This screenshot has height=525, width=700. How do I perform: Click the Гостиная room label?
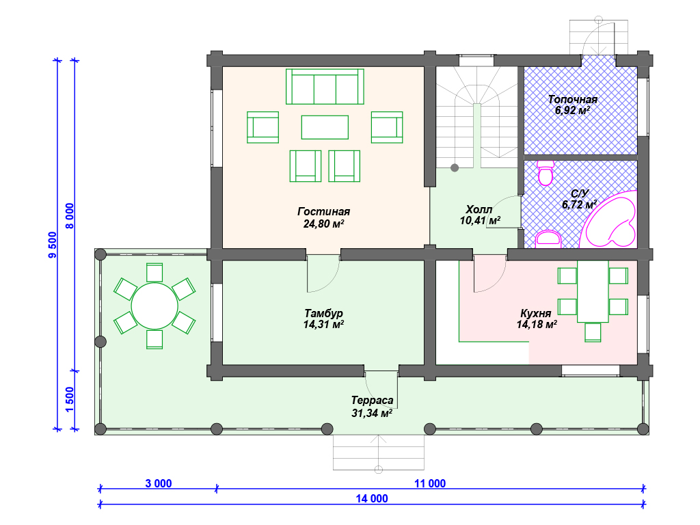click(x=323, y=211)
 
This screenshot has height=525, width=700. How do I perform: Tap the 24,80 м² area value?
click(x=323, y=224)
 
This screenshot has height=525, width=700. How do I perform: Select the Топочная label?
click(x=573, y=99)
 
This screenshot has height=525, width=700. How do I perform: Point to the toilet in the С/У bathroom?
click(x=546, y=173)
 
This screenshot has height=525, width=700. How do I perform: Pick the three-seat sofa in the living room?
click(x=325, y=86)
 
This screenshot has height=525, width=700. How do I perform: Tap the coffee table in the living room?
click(x=325, y=127)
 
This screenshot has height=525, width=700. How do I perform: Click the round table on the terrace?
click(x=154, y=306)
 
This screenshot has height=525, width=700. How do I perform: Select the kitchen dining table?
click(x=593, y=291)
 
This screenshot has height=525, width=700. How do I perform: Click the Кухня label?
click(x=536, y=313)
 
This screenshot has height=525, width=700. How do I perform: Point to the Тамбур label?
click(x=323, y=313)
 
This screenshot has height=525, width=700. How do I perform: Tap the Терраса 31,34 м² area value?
click(x=372, y=413)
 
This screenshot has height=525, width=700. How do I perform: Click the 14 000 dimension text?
click(x=372, y=498)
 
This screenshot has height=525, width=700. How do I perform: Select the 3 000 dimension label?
click(x=159, y=483)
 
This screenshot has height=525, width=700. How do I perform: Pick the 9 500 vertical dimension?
click(x=53, y=245)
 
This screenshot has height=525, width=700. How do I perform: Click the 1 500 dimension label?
click(x=70, y=399)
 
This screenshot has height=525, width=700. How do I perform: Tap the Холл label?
click(x=479, y=209)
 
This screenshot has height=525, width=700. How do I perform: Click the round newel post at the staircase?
click(x=455, y=168)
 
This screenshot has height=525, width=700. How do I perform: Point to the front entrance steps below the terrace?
click(x=379, y=453)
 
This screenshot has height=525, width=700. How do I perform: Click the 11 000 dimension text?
click(x=430, y=483)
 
